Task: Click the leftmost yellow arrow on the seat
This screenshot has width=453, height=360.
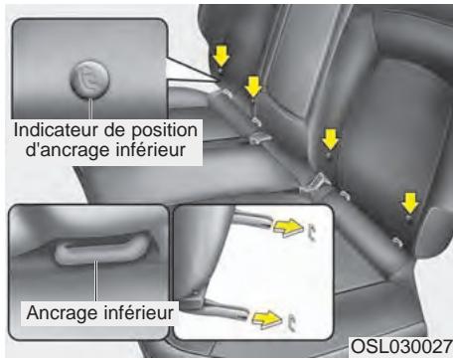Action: [x=221, y=57]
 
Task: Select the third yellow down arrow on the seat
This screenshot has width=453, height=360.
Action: [x=330, y=137]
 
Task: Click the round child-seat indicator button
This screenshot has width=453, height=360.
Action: [x=86, y=78]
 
